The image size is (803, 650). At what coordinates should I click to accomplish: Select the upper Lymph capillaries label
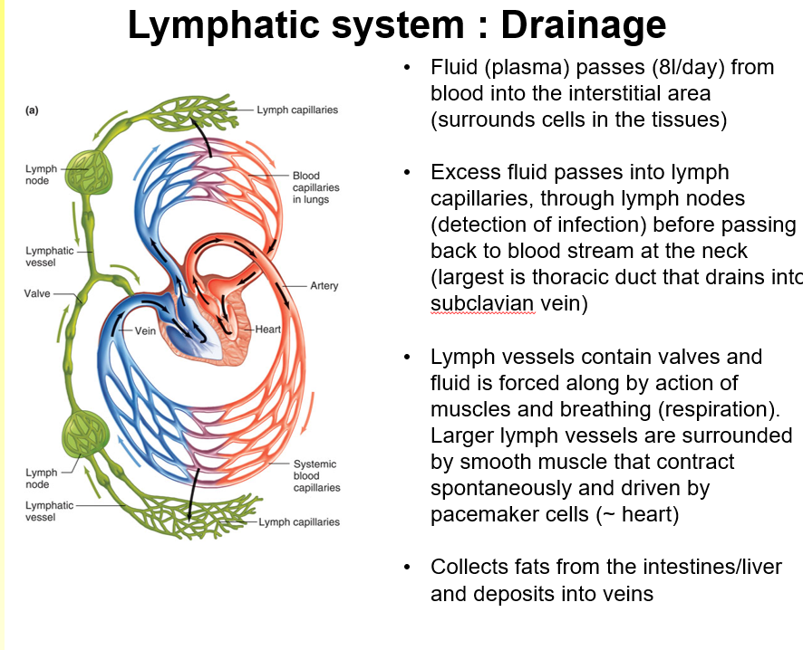click(297, 110)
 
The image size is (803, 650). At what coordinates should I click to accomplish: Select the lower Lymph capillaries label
click(299, 522)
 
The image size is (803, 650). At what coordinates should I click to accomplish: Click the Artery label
click(324, 286)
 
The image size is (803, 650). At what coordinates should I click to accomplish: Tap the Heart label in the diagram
click(268, 330)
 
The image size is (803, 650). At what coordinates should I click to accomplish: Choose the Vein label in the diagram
click(146, 331)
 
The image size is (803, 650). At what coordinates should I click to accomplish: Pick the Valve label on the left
click(37, 294)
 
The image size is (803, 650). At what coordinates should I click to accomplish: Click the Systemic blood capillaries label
click(316, 475)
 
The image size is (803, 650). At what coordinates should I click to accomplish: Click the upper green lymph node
click(92, 170)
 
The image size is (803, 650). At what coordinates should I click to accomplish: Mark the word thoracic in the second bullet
click(580, 277)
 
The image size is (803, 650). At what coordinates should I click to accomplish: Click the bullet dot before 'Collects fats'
click(410, 568)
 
